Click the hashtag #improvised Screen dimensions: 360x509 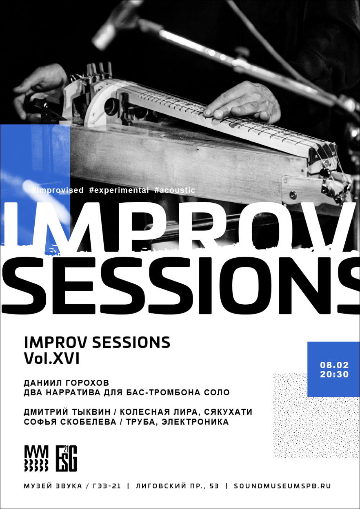[x=57, y=190]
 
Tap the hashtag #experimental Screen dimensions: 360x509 [x=119, y=190]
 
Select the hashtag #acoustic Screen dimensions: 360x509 [x=175, y=190]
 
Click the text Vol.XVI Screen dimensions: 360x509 [x=52, y=359]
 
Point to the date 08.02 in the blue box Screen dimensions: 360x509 [x=334, y=365]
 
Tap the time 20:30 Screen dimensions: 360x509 [x=334, y=374]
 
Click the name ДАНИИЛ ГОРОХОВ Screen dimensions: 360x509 [x=67, y=383]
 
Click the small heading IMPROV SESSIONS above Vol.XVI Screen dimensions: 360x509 [x=97, y=343]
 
